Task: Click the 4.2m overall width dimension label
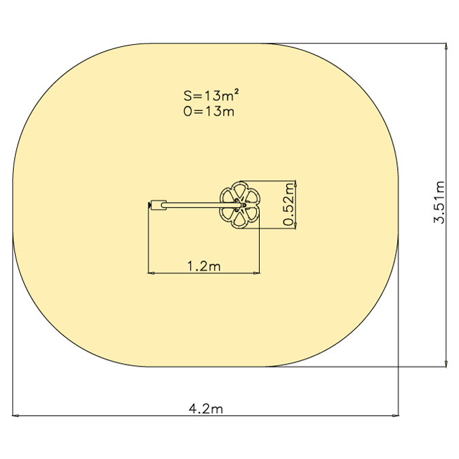click(206, 409)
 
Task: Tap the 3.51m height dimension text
click(439, 202)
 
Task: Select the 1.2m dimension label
click(204, 266)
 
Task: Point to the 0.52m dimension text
click(288, 204)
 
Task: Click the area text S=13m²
click(211, 95)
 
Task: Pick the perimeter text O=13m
click(209, 112)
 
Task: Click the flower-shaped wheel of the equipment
click(239, 205)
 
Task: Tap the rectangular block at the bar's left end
click(158, 205)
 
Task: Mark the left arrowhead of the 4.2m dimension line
click(15, 415)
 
